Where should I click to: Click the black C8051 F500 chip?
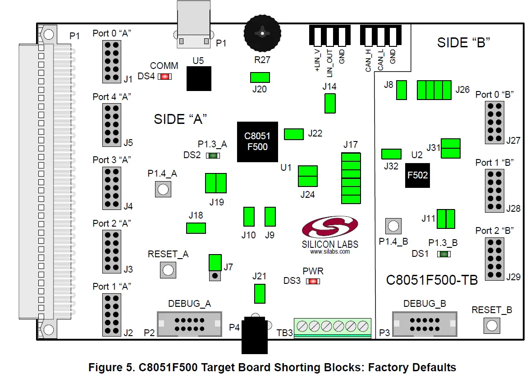[x=257, y=141]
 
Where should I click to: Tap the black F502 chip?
[x=417, y=174]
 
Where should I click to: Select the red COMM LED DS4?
[x=165, y=77]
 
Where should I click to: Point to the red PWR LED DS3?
[x=313, y=281]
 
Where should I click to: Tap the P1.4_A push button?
[x=163, y=189]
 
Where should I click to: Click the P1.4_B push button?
[x=393, y=225]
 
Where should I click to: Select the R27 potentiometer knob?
[x=262, y=32]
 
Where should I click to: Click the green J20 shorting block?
[x=260, y=77]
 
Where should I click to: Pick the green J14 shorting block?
[x=330, y=103]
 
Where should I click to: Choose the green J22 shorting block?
[x=294, y=134]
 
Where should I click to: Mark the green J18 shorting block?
[x=196, y=228]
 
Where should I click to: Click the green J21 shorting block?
[x=260, y=294]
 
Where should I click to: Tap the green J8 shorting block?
[x=401, y=90]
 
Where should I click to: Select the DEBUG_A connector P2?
[x=189, y=323]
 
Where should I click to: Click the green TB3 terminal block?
[x=333, y=327]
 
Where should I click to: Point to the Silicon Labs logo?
[x=330, y=228]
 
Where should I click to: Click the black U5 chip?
[x=199, y=78]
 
